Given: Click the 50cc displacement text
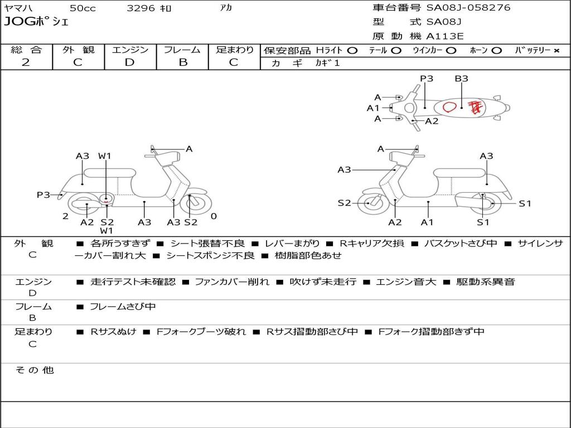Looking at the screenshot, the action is [83, 8].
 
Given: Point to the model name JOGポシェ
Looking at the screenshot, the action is [36, 22].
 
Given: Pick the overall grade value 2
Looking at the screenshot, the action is [26, 62].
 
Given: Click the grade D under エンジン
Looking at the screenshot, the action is [130, 62].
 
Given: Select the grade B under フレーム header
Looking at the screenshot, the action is [183, 62].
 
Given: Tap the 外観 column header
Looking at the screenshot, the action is [78, 50].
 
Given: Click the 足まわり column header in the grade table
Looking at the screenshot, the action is [234, 50].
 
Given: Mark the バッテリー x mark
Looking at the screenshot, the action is [556, 50].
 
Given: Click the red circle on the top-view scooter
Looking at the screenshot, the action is [450, 106].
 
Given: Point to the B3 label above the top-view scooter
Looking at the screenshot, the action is [461, 79].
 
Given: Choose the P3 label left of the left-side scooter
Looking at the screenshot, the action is [43, 194].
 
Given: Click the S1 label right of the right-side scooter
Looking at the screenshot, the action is [525, 203].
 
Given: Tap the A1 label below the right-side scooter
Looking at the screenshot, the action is [427, 222].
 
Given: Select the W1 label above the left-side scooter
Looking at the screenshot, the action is [105, 156].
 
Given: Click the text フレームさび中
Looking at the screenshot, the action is [123, 307].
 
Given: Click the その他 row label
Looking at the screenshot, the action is [34, 370].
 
